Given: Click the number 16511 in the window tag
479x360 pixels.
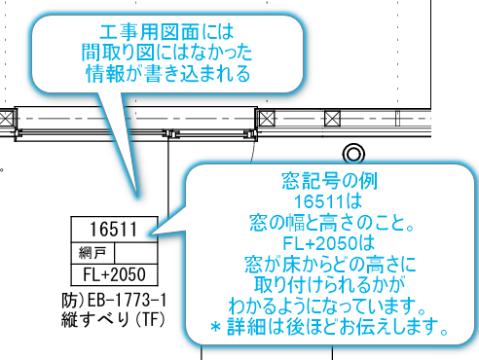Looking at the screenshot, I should tap(108, 230).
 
